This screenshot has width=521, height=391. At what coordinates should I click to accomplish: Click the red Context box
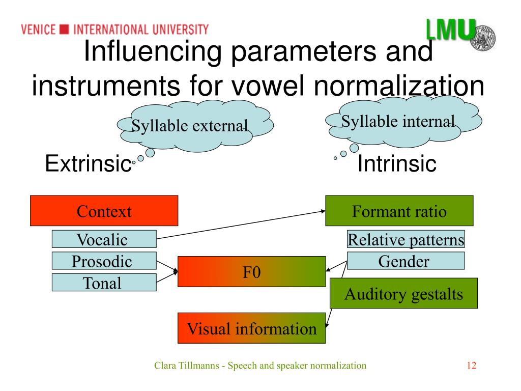[104, 211]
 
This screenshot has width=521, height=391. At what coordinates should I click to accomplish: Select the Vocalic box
[104, 239]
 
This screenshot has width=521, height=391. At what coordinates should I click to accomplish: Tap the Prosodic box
[104, 262]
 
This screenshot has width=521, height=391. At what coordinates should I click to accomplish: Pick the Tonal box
[104, 283]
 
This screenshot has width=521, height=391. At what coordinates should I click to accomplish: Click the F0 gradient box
[251, 271]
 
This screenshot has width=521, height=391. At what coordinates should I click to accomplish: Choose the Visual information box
[251, 328]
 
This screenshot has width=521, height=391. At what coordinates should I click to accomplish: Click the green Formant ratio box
[399, 211]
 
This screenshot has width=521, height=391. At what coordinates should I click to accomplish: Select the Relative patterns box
[406, 239]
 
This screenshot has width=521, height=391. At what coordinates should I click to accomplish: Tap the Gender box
[406, 262]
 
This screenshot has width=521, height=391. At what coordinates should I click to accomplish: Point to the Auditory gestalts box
[403, 294]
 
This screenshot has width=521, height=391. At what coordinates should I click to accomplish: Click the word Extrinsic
[86, 164]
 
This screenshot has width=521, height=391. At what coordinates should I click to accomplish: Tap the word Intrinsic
[397, 164]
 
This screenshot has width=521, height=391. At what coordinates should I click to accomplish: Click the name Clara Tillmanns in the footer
[188, 366]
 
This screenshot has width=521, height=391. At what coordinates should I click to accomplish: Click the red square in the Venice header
[64, 29]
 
